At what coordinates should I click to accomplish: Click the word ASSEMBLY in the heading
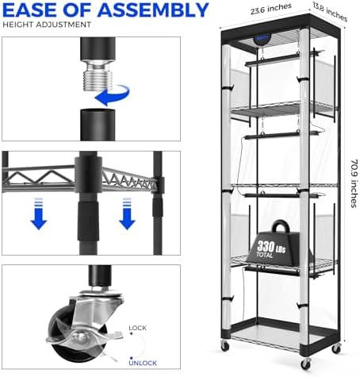[x=153, y=10]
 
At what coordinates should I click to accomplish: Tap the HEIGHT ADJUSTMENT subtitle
[x=47, y=25]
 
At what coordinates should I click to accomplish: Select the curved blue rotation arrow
[x=113, y=95]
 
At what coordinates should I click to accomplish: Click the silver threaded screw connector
[x=98, y=75]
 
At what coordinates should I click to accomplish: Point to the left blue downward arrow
[x=39, y=214]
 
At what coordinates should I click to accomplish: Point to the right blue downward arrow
[x=127, y=214]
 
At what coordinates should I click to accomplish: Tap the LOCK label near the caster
[x=137, y=328]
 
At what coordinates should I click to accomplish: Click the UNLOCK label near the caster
[x=143, y=363]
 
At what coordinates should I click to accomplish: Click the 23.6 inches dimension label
[x=271, y=9]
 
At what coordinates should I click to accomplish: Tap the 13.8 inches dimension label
[x=330, y=12]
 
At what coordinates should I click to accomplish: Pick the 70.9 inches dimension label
[x=354, y=183]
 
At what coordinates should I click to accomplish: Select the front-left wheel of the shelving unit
[x=224, y=346]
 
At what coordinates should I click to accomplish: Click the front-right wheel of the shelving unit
[x=306, y=364]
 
